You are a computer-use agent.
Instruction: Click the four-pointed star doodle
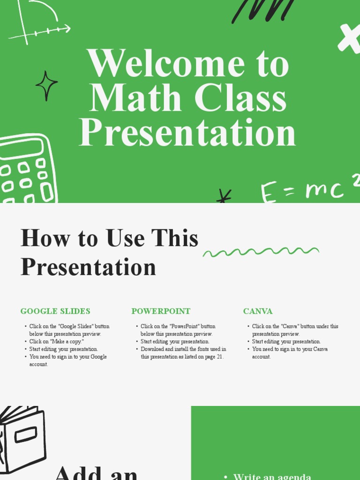46,85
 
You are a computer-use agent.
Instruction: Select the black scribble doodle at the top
262,10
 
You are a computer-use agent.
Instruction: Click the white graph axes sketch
37,23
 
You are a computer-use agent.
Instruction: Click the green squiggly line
261,252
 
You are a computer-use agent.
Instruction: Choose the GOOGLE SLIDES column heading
55,311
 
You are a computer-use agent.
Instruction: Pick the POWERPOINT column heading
161,311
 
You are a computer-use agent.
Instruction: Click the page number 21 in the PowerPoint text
219,357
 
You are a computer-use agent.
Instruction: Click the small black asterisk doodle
224,196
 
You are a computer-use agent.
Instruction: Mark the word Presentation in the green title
187,133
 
